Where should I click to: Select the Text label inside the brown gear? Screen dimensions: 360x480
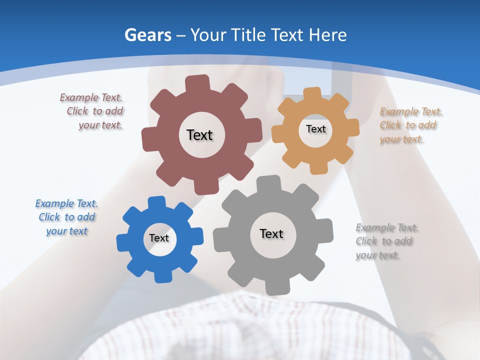(x=199, y=135)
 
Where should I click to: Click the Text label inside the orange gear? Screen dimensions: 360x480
(x=315, y=129)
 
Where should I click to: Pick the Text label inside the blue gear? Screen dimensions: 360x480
(x=159, y=238)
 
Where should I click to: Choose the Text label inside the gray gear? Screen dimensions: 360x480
(x=271, y=233)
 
